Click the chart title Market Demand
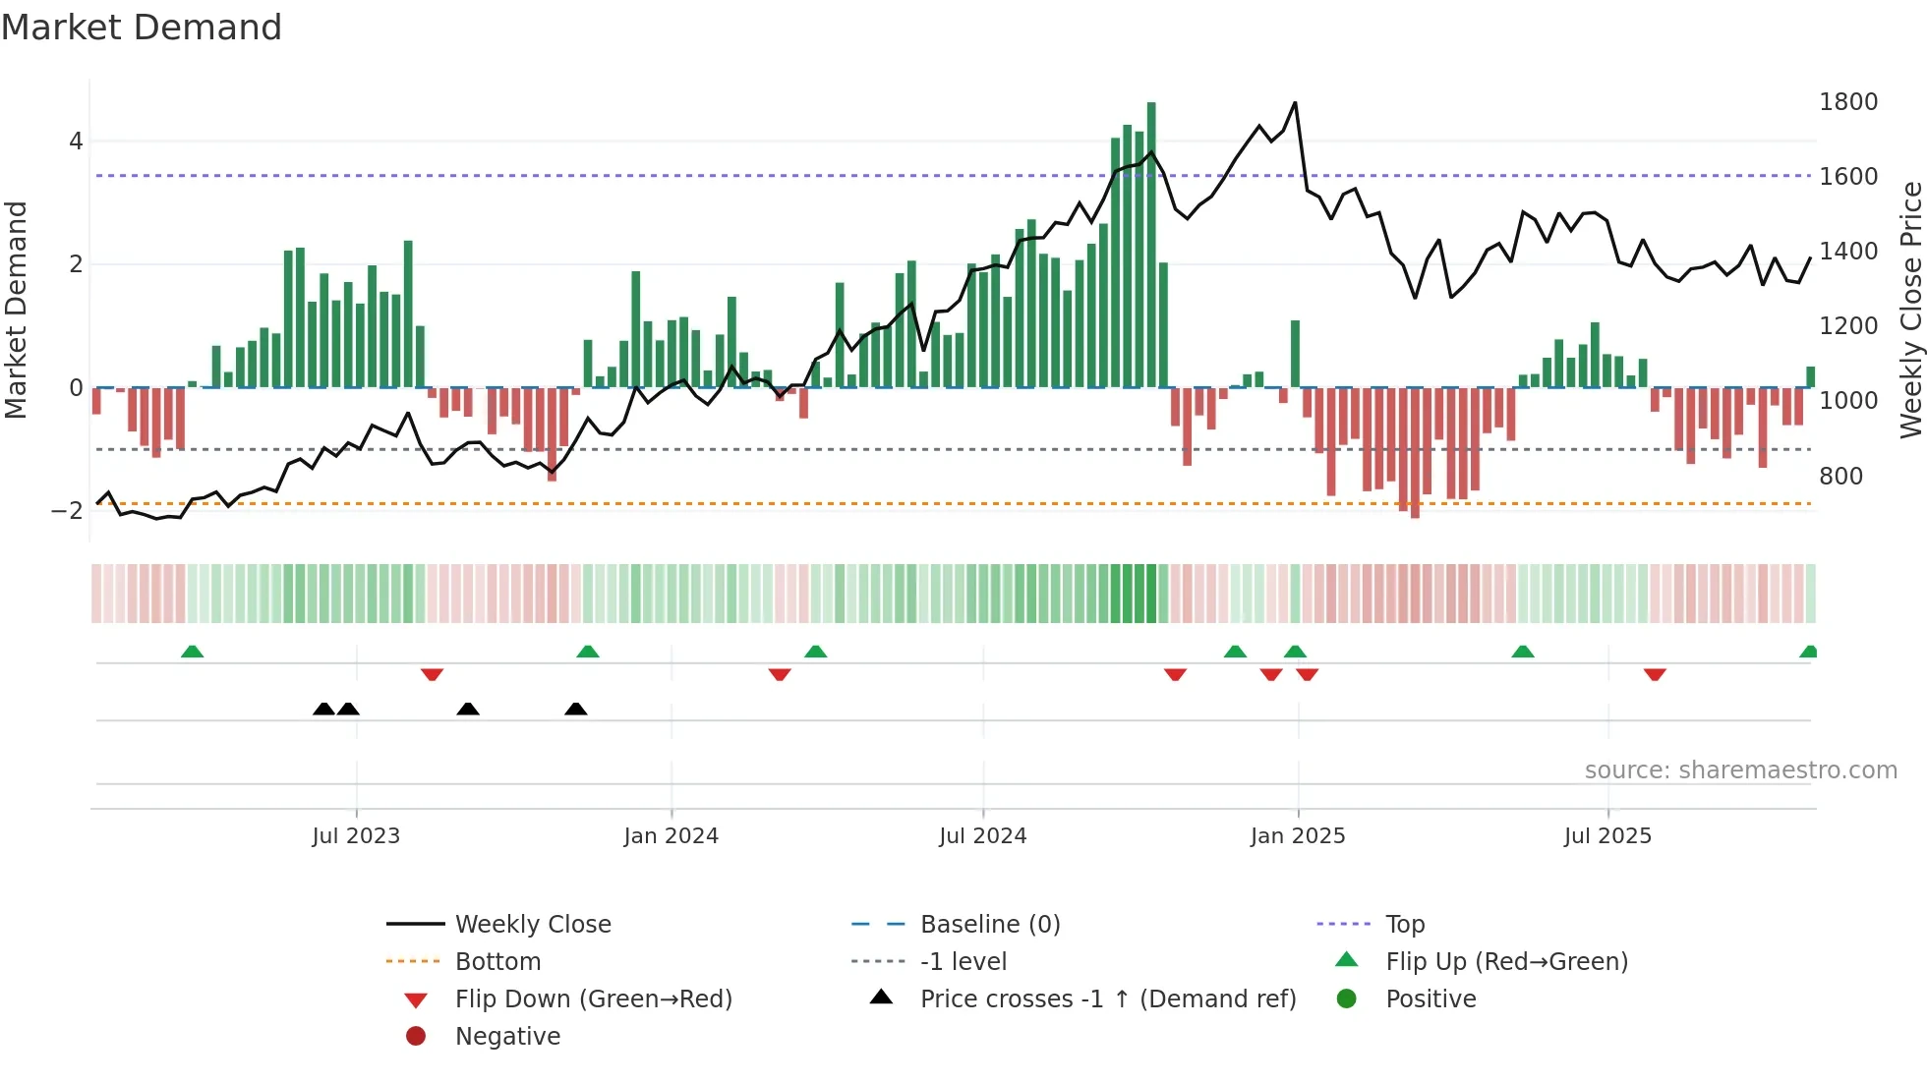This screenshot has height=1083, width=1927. point(142,28)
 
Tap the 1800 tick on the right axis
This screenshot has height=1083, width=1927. point(1847,102)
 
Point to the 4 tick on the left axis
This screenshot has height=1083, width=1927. point(76,142)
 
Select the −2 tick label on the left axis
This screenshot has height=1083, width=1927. point(67,510)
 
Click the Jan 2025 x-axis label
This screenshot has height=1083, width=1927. point(1297,836)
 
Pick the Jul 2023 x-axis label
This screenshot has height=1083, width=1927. point(356,836)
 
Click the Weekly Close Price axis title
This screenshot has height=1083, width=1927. point(1910,310)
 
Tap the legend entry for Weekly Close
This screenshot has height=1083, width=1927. point(532,925)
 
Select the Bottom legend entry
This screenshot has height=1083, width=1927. point(497,962)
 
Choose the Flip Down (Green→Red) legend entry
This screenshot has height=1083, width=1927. point(593,999)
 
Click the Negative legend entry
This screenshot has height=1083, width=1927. point(507,1037)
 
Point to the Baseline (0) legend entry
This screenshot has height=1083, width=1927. point(989,925)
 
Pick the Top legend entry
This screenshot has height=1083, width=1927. point(1404,925)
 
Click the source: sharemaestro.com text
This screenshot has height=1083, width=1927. point(1740,770)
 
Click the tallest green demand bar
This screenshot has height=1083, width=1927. point(1151,246)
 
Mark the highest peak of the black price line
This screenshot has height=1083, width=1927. point(1295,103)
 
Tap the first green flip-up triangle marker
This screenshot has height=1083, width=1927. point(193,652)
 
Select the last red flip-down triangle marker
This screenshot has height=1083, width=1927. point(1655,674)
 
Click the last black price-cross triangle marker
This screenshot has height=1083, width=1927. point(576,709)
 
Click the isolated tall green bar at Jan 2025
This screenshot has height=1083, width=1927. point(1295,354)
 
